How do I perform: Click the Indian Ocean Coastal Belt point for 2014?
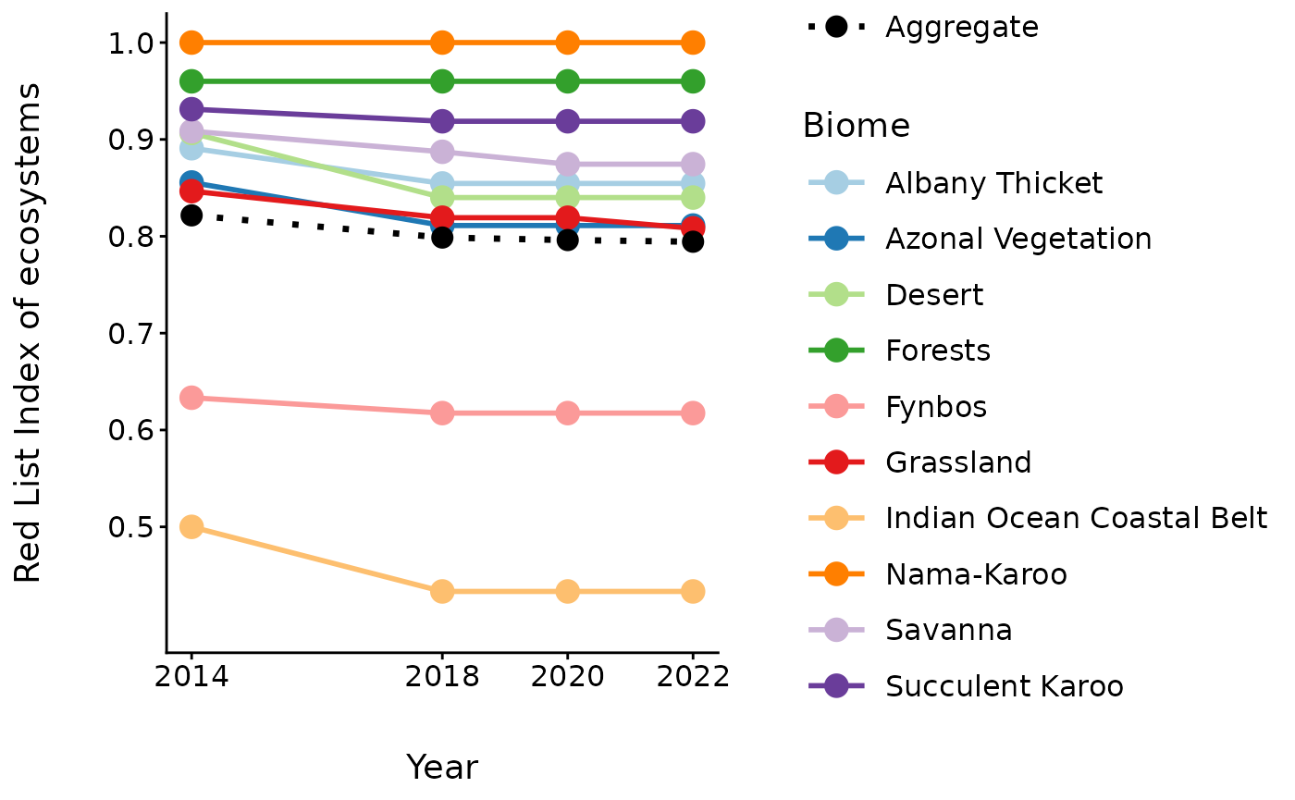191,527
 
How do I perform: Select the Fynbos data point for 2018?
442,412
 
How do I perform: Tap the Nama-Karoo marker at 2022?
693,43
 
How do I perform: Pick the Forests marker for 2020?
568,81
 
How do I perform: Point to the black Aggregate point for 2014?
191,215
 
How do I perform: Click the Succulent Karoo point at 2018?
442,121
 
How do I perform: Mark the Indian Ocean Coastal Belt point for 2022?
693,591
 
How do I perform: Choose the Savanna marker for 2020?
568,164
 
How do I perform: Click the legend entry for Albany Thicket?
993,183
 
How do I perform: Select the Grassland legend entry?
958,462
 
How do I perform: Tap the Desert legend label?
934,295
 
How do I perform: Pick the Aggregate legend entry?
961,27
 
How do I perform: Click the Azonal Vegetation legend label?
1018,239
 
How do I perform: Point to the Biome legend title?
856,125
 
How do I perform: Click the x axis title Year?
442,767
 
